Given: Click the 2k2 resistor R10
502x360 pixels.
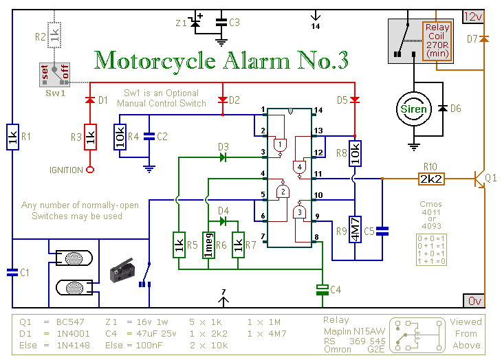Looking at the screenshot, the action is tap(431, 179).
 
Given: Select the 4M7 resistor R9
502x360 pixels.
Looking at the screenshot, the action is tap(355, 229).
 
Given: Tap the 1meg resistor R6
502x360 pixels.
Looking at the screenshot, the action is tap(208, 245).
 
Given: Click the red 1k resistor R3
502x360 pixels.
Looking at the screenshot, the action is tap(90, 137).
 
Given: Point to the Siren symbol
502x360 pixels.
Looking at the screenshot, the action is tap(414, 109).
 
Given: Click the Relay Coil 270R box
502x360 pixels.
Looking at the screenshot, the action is tap(437, 41).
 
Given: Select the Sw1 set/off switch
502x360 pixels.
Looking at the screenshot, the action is tap(55, 75).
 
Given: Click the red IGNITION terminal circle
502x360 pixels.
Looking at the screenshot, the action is tap(90, 170).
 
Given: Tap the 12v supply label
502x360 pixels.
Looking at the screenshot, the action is tap(473, 16).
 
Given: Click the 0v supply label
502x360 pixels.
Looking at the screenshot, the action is tap(474, 301).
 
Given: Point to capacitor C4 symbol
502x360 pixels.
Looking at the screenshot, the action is tap(323, 290).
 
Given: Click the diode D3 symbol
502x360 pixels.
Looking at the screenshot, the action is tap(223, 157).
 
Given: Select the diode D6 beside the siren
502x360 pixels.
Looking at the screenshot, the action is tap(443, 109).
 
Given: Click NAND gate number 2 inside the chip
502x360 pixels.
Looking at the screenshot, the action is tap(283, 190).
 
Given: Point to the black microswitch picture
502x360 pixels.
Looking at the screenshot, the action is tap(122, 271).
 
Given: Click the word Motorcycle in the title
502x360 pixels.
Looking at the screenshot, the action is tap(155, 61).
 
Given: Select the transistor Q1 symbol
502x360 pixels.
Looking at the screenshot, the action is tap(479, 179).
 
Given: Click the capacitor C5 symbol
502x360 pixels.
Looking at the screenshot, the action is tap(382, 231).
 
